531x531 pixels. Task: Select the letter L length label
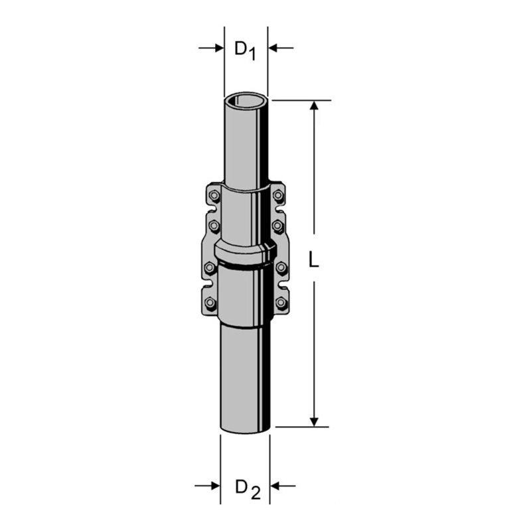click(x=315, y=261)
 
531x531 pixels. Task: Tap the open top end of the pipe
click(x=246, y=102)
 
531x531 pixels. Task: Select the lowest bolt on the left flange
click(x=210, y=303)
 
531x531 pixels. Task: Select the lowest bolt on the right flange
click(x=281, y=303)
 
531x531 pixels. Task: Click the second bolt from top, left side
click(x=214, y=226)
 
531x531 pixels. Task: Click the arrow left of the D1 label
click(x=216, y=48)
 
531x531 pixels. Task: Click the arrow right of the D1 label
click(x=275, y=48)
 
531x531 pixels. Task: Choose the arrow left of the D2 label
click(x=212, y=487)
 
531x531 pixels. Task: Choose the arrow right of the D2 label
click(x=278, y=487)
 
